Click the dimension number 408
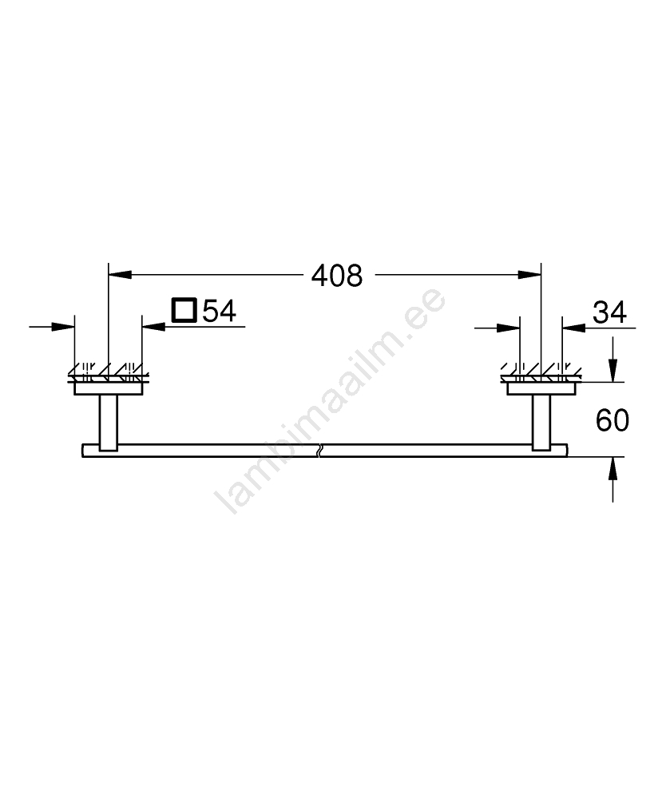pyautogui.click(x=336, y=276)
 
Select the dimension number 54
pyautogui.click(x=219, y=311)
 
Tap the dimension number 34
pyautogui.click(x=609, y=312)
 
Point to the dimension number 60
pyautogui.click(x=612, y=420)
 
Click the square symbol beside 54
pyautogui.click(x=184, y=310)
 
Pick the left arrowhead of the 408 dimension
pyautogui.click(x=120, y=275)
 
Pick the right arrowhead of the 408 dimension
pyautogui.click(x=529, y=275)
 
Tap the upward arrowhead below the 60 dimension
pyautogui.click(x=612, y=468)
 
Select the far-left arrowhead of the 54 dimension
pyautogui.click(x=63, y=327)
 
